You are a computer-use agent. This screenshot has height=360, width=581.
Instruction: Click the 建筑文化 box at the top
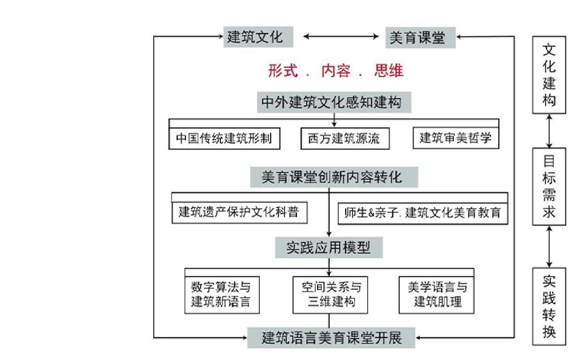click(x=258, y=37)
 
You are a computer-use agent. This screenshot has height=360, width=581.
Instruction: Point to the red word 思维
click(x=389, y=71)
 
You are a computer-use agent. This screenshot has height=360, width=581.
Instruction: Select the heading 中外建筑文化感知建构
click(x=334, y=102)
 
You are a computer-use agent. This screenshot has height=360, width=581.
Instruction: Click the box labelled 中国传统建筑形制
click(x=224, y=138)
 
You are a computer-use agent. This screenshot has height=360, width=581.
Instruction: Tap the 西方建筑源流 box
click(x=345, y=139)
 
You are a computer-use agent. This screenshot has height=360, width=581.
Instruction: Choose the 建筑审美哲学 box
click(x=456, y=138)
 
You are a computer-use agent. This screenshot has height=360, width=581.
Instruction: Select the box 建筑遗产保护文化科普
click(x=239, y=213)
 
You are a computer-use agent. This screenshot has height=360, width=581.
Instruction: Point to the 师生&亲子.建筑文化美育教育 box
click(x=423, y=213)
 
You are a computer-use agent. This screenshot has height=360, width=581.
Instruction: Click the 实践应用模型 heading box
click(x=329, y=248)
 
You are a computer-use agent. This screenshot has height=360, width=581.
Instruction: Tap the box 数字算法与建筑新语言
click(x=222, y=295)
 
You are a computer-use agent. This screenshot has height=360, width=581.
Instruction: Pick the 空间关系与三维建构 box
click(x=330, y=295)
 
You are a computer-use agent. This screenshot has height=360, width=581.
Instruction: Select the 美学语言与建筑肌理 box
click(x=436, y=295)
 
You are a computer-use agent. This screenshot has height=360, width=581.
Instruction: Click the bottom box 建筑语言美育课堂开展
click(x=332, y=338)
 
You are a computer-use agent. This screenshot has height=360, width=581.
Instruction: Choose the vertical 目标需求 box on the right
click(x=549, y=186)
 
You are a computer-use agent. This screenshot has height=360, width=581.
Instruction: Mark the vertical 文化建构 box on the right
click(x=549, y=75)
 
